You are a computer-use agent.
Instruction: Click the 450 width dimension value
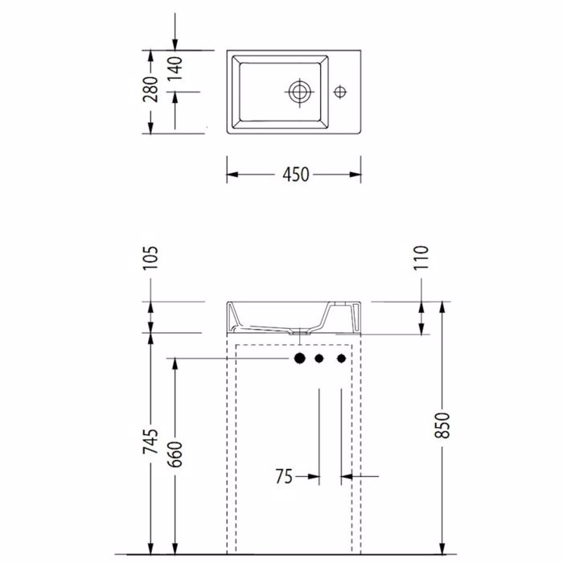coord(295,175)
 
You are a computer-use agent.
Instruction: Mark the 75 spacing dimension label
coord(283,477)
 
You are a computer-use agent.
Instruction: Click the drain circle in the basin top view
coord(299,92)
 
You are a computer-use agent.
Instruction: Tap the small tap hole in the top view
coord(341,92)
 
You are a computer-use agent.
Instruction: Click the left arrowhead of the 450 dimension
coord(232,175)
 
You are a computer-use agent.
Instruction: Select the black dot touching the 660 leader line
coord(298,358)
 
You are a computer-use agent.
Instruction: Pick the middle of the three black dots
coord(319,358)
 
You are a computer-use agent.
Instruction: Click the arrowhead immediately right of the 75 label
coord(314,477)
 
